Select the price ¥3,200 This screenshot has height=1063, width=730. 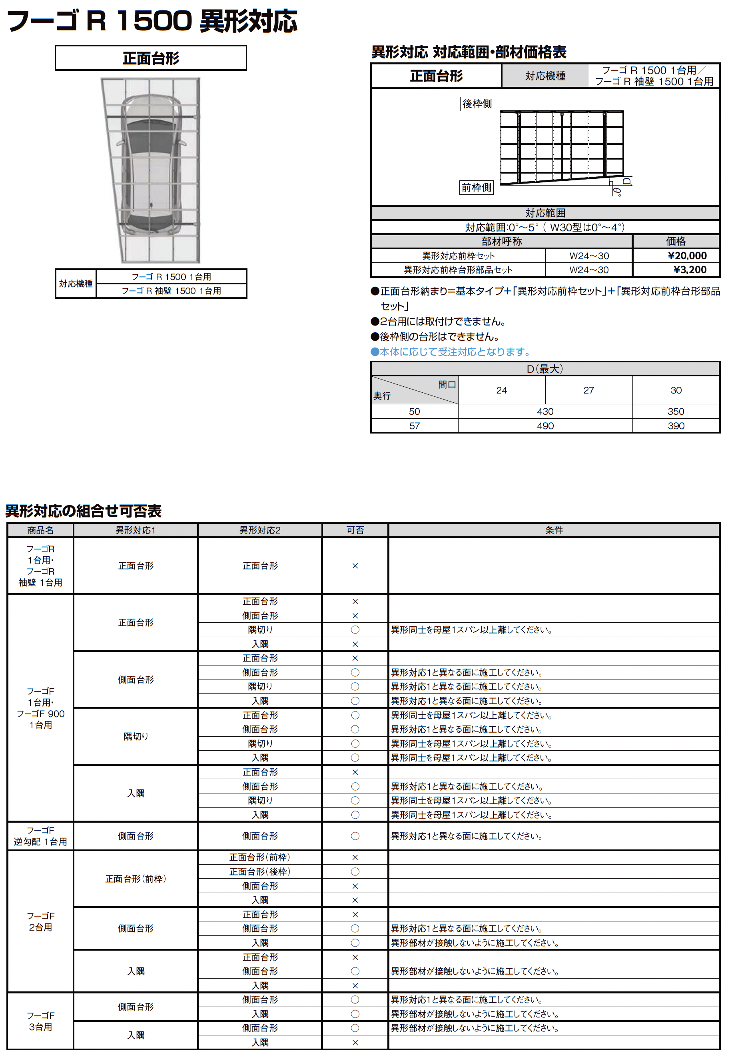click(690, 270)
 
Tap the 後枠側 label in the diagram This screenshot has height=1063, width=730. click(477, 104)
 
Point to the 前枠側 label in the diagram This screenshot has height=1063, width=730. click(476, 187)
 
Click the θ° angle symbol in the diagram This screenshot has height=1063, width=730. click(618, 191)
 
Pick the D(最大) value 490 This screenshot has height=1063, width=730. click(545, 426)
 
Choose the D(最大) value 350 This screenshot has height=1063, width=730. click(676, 412)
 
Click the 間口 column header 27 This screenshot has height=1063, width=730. click(588, 390)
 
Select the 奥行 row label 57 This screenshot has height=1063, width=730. click(415, 426)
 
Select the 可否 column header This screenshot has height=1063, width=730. click(355, 530)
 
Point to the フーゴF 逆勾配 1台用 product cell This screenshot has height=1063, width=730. click(40, 836)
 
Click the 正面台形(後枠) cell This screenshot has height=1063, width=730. click(260, 872)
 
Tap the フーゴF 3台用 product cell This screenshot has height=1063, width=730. click(40, 1021)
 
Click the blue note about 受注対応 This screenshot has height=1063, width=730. click(451, 352)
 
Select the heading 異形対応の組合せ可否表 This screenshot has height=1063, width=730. click(83, 511)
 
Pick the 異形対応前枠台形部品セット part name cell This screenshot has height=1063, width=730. click(458, 270)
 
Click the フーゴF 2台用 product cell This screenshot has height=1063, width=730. click(40, 921)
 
